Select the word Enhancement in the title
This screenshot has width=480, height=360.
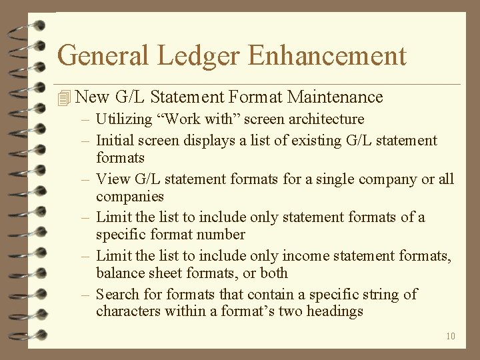coord(327,55)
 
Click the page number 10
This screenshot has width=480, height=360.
coord(451,336)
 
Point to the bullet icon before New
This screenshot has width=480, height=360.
coord(64,99)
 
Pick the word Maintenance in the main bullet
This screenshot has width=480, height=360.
coord(335,97)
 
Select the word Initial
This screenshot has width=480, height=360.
coord(114,140)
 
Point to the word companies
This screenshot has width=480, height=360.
coord(130,197)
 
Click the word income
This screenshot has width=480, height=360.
coord(303,255)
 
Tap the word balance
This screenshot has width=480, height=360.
coord(119,273)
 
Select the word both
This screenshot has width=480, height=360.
coord(273,273)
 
